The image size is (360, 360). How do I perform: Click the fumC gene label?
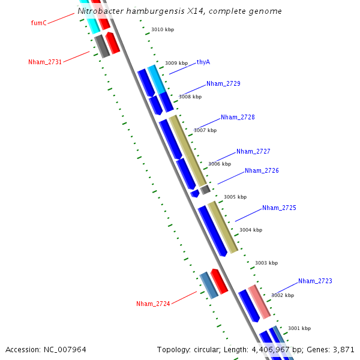38,23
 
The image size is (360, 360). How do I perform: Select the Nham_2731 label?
44,62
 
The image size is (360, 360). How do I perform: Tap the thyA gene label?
203,62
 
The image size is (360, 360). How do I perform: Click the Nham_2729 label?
223,83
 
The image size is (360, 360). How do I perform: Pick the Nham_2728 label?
238,117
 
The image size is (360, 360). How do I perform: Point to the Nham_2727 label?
253,152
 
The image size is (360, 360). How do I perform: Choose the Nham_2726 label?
262,170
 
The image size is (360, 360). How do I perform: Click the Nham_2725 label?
279,208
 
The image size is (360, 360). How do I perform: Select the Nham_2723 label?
315,281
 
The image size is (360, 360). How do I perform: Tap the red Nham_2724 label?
153,304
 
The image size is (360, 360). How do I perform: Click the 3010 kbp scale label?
162,29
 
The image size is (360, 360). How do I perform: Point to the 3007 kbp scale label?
205,130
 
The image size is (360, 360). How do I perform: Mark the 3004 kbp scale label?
251,230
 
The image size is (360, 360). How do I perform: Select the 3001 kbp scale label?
299,328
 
